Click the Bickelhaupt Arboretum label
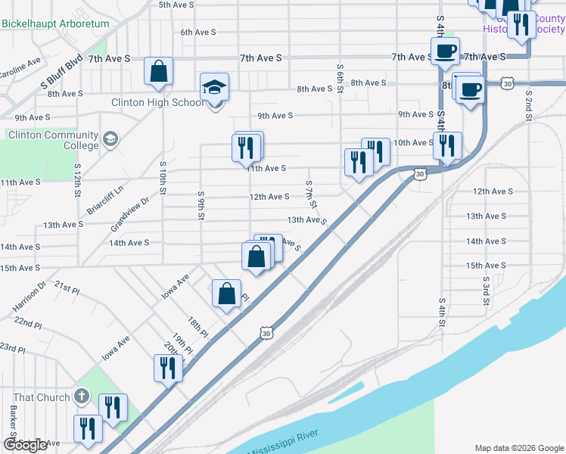click(55, 23)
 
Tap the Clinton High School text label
click(157, 102)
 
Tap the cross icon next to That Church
click(82, 396)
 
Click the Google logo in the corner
click(25, 445)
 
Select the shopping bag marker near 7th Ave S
click(159, 72)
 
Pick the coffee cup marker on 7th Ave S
click(445, 51)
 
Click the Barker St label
click(14, 421)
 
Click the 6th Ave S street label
click(198, 33)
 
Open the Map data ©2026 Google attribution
click(518, 447)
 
